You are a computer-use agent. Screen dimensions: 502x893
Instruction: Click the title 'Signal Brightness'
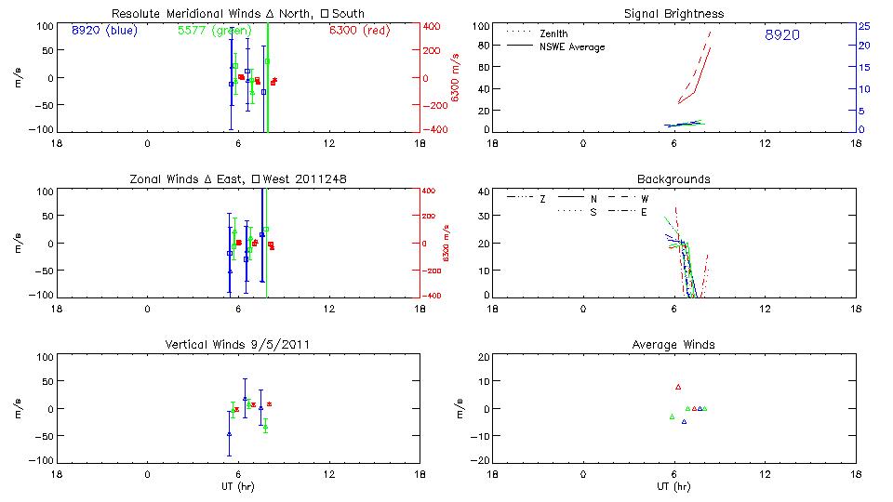coord(674,14)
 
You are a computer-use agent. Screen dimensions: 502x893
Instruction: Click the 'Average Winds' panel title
coord(674,345)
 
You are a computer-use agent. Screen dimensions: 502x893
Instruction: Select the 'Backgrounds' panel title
coord(674,179)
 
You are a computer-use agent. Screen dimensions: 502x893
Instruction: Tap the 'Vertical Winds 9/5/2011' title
coord(237,345)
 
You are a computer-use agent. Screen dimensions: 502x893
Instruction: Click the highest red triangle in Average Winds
coord(678,387)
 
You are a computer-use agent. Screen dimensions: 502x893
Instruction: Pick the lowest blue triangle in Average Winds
coord(684,421)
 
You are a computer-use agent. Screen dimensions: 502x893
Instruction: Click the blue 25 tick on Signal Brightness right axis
coord(863,26)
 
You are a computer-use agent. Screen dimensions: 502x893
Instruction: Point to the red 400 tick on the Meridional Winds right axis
coord(433,26)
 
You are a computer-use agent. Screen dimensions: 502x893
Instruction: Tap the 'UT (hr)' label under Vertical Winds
coord(237,486)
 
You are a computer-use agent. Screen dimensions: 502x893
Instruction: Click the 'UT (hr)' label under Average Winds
coord(674,486)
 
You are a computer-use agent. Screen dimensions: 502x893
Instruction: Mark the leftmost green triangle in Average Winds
coord(672,416)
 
